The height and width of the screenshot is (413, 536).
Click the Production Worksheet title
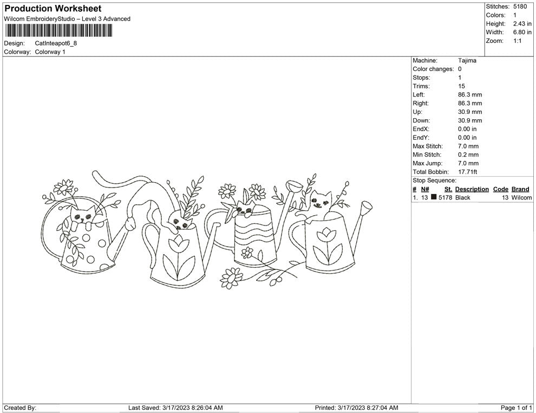(x=53, y=9)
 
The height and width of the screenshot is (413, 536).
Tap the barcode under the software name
(x=58, y=30)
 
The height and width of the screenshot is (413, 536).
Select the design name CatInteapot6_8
(x=56, y=43)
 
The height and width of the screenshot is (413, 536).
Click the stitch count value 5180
(x=520, y=7)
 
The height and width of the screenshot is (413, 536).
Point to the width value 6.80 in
(x=522, y=32)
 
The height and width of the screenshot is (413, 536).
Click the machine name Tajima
(x=467, y=60)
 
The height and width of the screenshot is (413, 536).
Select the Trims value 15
(x=461, y=86)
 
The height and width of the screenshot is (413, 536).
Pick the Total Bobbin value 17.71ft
(x=467, y=172)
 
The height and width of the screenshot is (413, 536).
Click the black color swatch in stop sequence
(x=434, y=197)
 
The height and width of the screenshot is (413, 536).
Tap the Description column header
(x=472, y=189)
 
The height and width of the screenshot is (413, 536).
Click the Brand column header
(x=520, y=189)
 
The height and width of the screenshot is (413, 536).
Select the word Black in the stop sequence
(x=462, y=197)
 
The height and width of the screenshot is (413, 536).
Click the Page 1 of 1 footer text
(x=516, y=408)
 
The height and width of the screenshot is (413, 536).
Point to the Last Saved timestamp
(x=175, y=408)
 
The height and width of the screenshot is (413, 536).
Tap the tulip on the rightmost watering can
(x=326, y=234)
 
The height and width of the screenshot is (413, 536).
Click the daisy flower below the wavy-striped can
(x=231, y=278)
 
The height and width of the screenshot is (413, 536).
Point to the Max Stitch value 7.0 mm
(x=468, y=146)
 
